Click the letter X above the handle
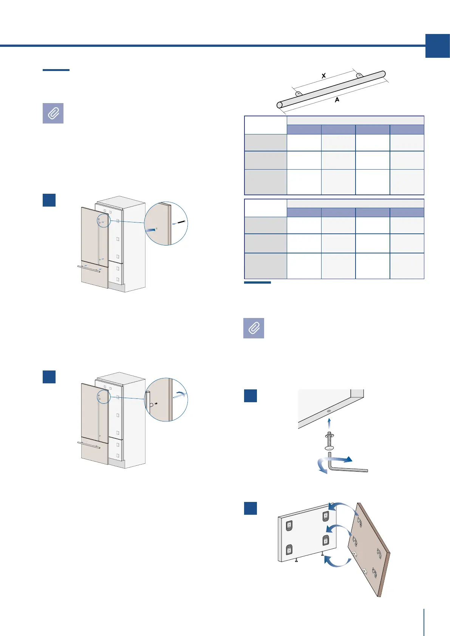324,76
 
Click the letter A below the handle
337,100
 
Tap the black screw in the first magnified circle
180,222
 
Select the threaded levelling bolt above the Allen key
329,440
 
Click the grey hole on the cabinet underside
329,411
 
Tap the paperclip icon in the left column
53,113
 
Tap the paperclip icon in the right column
254,328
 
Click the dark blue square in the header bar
438,46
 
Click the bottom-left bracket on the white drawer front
289,550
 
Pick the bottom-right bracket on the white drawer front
326,540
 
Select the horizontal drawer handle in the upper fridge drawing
89,268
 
